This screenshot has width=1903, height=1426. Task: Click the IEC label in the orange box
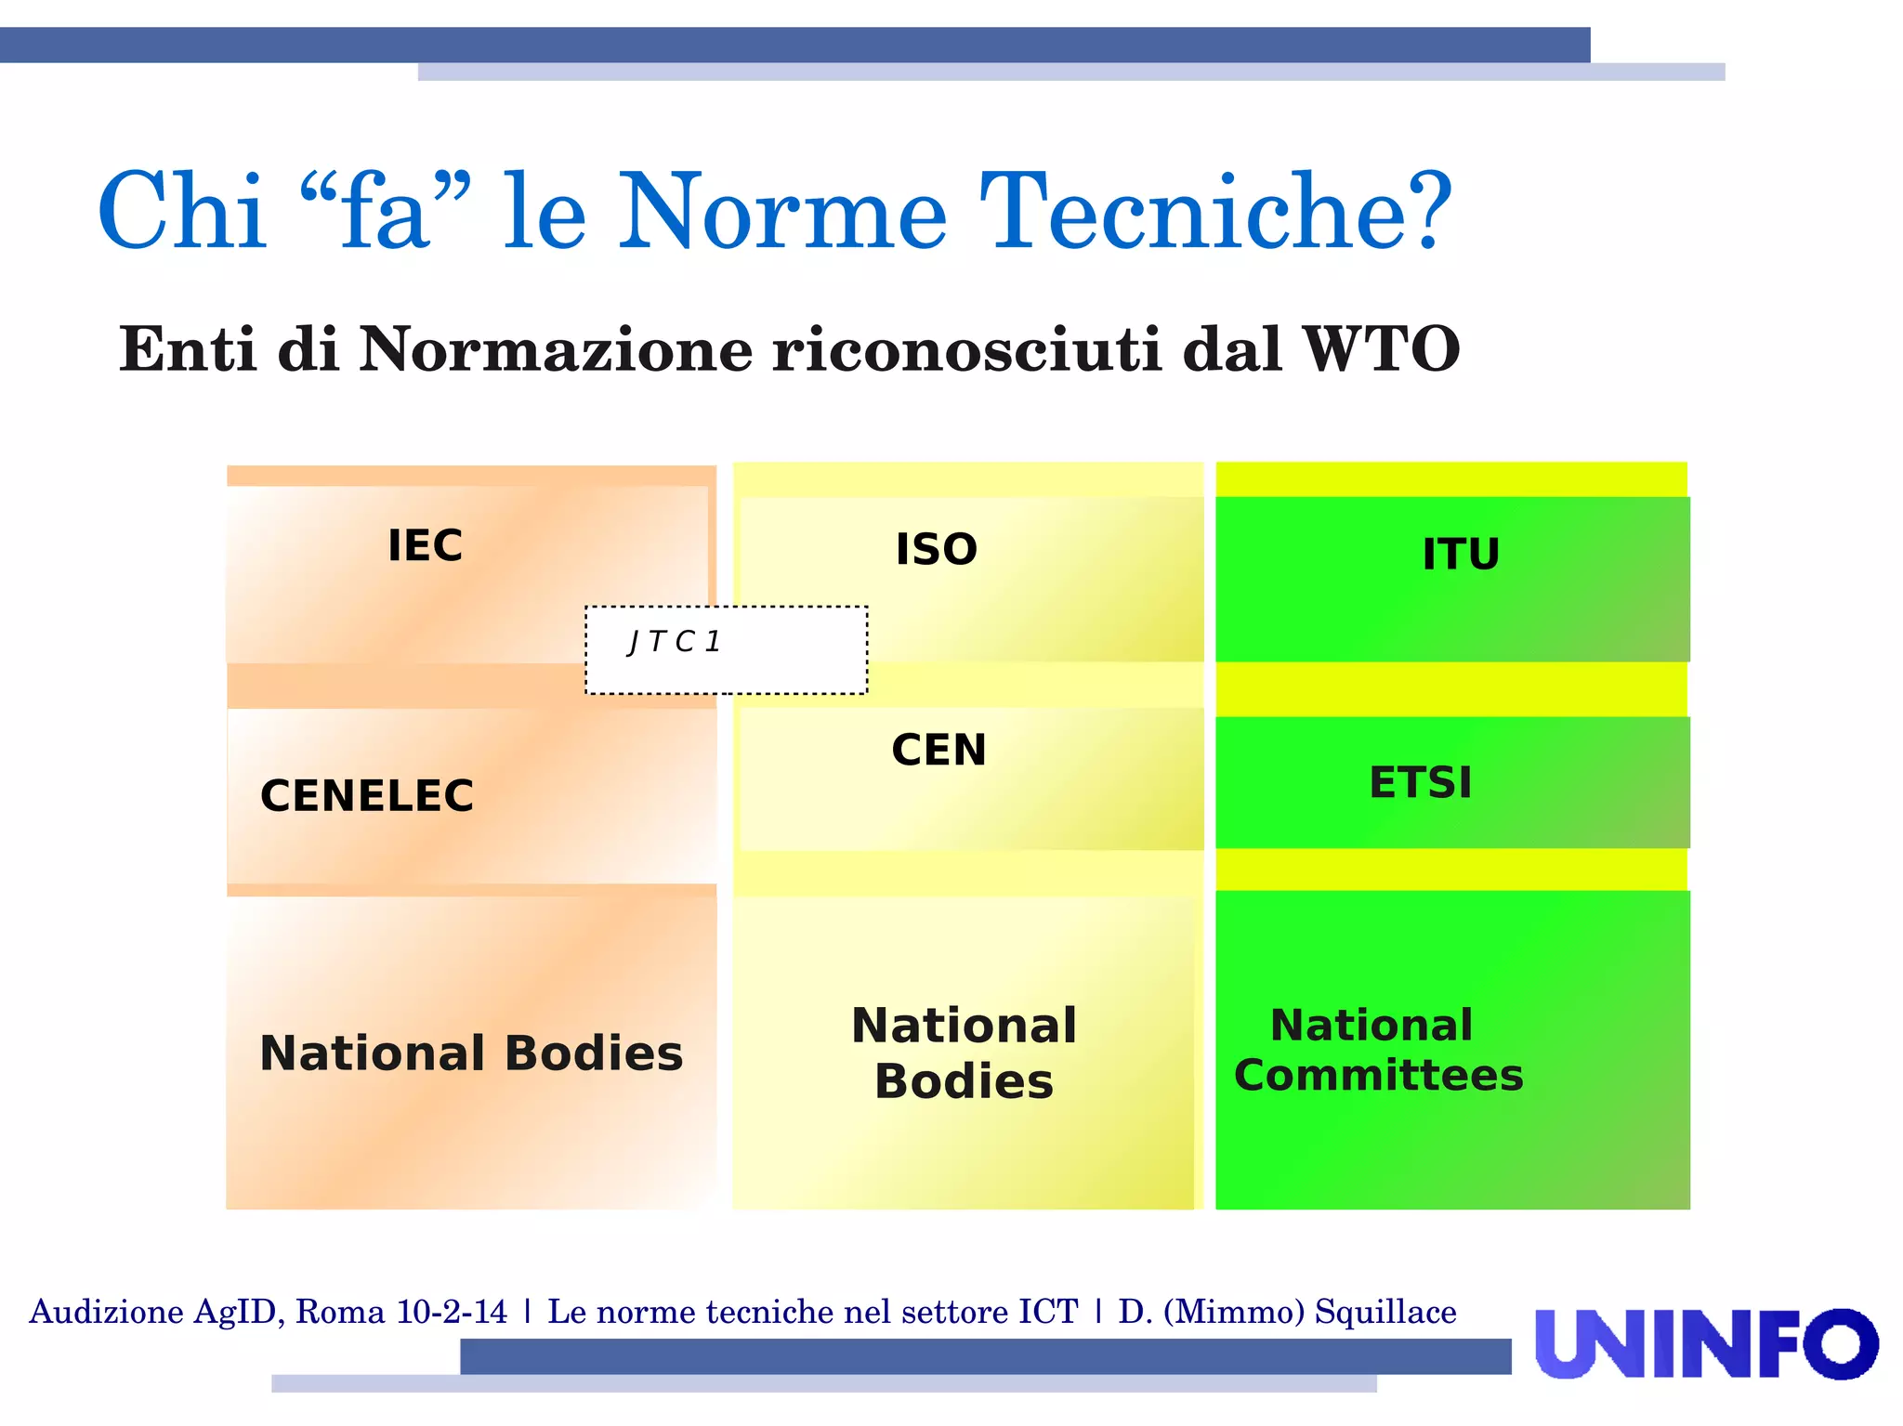(425, 545)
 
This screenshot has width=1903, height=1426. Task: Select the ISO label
(936, 549)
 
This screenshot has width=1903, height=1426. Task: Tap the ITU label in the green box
(1461, 555)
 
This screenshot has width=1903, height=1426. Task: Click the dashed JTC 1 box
(726, 649)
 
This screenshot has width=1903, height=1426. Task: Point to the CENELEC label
(367, 796)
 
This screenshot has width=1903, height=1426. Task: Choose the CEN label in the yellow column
(938, 750)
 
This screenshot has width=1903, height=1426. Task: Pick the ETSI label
(1421, 782)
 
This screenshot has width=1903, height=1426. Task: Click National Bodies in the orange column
(471, 1053)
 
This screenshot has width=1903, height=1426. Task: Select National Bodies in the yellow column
(964, 1053)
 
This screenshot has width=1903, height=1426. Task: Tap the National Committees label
(1378, 1051)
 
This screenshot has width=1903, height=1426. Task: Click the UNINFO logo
(1706, 1343)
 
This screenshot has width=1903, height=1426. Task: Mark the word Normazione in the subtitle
(556, 349)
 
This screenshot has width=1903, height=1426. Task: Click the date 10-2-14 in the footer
(452, 1312)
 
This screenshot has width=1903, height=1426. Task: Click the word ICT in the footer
(1048, 1312)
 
